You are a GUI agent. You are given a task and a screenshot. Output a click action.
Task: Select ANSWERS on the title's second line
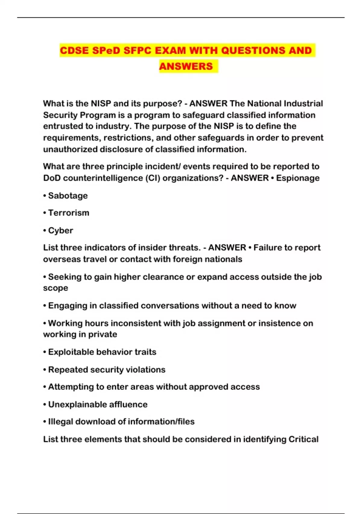tap(186, 66)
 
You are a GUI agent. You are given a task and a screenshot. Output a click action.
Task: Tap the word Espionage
tap(298, 178)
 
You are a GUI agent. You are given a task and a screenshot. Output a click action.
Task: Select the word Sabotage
tap(68, 196)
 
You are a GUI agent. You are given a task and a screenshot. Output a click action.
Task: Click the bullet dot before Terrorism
tap(45, 213)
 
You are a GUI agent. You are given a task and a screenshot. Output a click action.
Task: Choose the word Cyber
tap(61, 231)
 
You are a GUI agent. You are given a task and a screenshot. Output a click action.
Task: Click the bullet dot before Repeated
tap(45, 370)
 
